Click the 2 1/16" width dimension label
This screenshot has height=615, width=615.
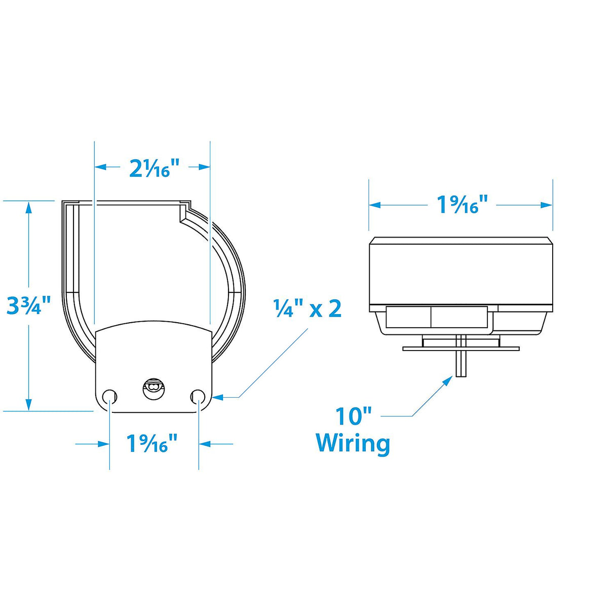pos(155,168)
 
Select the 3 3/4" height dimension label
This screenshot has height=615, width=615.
pos(29,305)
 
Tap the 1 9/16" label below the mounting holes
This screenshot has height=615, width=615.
pos(152,444)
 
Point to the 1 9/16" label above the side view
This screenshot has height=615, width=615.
pos(463,205)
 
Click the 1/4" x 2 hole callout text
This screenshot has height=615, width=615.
pos(307,308)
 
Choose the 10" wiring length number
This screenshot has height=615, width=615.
pos(354,416)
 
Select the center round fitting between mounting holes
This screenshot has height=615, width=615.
pos(153,389)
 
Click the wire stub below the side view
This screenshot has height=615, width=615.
pos(461,365)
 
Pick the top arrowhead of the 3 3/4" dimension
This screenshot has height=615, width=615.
pos(29,207)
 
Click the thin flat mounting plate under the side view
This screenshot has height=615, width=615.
pos(460,349)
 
